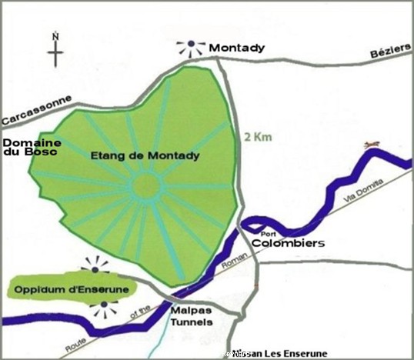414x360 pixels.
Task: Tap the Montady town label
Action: point(238,48)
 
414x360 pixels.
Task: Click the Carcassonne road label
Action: point(36,111)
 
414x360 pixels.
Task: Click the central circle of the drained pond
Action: point(144,187)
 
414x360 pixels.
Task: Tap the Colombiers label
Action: point(292,244)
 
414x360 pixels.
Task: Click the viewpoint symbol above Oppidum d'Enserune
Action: point(95,267)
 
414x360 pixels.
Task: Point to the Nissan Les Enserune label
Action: point(279,353)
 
